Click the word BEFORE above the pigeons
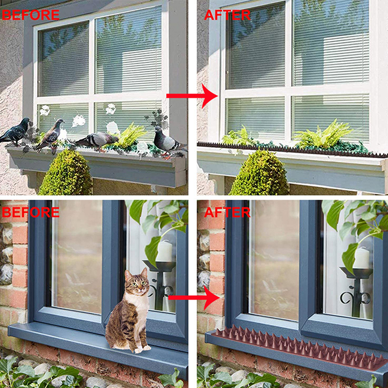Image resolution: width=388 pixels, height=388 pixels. click(31, 15)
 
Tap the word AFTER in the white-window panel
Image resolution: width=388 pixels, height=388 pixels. click(227, 15)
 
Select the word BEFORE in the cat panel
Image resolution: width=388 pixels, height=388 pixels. click(31, 212)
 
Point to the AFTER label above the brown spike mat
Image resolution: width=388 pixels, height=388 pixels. click(227, 212)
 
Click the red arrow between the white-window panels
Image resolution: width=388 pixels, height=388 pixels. click(192, 96)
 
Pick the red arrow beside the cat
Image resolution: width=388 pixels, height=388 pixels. click(194, 298)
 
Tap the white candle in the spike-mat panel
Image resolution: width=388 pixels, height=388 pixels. click(361, 258)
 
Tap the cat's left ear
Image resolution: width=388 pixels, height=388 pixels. click(128, 275)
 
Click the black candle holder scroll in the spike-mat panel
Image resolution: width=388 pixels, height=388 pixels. click(356, 298)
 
